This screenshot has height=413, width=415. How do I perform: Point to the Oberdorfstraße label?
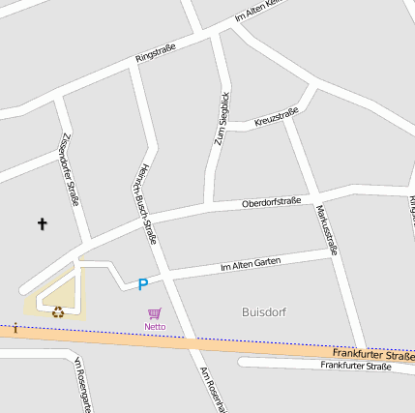tap(271, 202)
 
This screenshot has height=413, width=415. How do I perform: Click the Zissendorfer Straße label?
tap(70, 170)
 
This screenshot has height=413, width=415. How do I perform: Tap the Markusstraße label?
tap(327, 228)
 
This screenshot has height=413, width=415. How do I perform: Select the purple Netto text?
tap(155, 327)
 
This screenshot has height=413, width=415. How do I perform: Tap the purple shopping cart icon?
tap(155, 314)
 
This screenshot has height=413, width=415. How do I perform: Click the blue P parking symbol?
tap(142, 284)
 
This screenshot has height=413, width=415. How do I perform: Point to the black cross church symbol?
tap(42, 224)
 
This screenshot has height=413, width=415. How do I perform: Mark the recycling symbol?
tap(58, 311)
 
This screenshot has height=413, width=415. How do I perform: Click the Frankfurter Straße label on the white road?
tap(356, 367)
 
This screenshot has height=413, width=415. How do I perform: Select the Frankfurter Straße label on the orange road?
tap(372, 356)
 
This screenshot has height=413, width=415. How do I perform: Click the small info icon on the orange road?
tap(15, 329)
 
